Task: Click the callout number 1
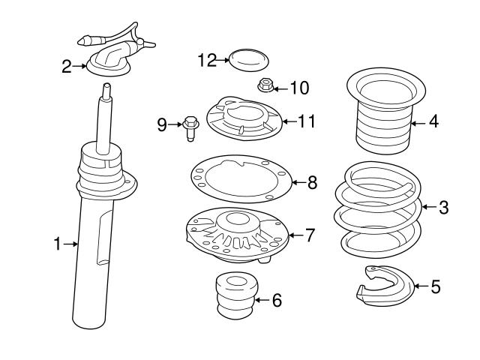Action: click(x=57, y=243)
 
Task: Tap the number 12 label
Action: click(x=207, y=59)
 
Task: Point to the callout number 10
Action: click(x=298, y=88)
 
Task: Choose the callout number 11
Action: click(x=307, y=121)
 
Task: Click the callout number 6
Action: click(x=276, y=301)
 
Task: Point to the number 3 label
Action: click(x=443, y=207)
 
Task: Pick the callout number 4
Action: click(x=433, y=121)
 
